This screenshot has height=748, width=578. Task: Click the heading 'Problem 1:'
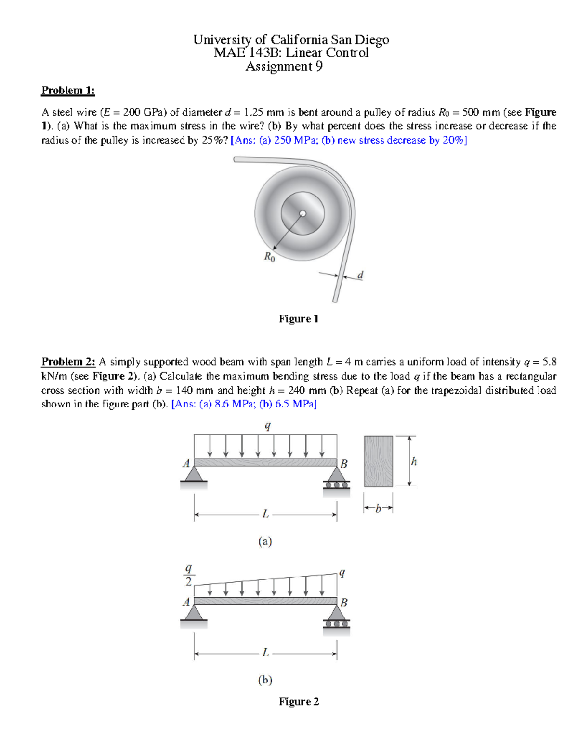(x=68, y=91)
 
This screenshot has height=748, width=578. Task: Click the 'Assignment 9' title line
(x=284, y=66)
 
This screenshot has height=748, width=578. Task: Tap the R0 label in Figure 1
(x=269, y=257)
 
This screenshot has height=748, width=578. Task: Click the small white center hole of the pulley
(x=302, y=213)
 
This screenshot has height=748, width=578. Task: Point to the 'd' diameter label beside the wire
(x=360, y=275)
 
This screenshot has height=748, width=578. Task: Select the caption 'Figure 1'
(x=299, y=319)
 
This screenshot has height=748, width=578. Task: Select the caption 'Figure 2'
(x=299, y=702)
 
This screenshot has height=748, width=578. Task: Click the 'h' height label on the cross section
(x=414, y=461)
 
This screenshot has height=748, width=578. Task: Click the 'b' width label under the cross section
(x=378, y=508)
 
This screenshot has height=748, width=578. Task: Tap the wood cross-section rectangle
(x=379, y=461)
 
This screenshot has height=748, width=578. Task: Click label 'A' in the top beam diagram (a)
(x=186, y=464)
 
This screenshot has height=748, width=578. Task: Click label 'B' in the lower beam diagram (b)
(x=344, y=603)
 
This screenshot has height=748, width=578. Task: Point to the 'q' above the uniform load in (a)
(x=268, y=426)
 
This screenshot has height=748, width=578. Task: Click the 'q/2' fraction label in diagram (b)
(x=188, y=576)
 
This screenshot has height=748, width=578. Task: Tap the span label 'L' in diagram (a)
(x=265, y=514)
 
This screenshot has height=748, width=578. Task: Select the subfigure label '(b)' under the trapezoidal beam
(x=265, y=680)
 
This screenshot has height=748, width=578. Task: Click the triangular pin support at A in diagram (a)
(x=194, y=474)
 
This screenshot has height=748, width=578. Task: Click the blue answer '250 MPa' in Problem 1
(x=293, y=140)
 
